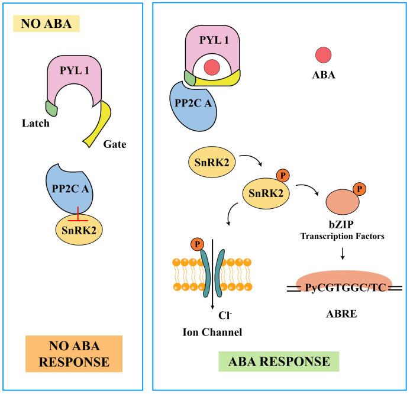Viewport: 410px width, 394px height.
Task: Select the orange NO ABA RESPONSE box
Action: click(74, 354)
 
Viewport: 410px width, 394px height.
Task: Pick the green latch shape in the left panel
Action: click(51, 107)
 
